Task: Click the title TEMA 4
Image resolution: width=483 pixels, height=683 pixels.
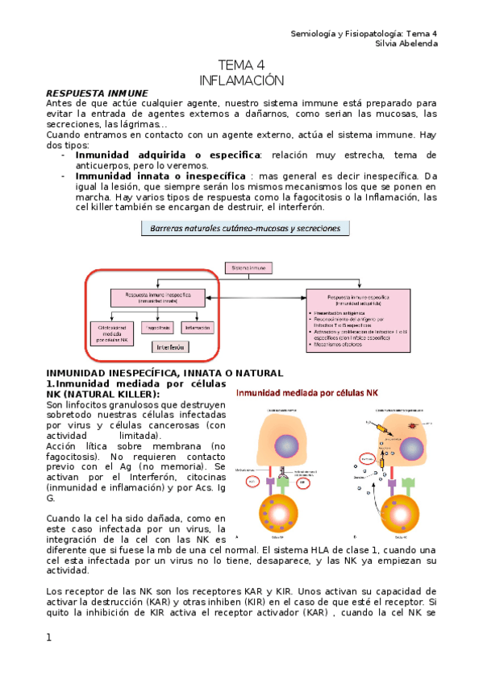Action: point(242,65)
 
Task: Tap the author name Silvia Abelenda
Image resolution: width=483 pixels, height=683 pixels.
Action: point(406,43)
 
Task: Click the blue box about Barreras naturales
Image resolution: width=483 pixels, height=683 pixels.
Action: point(245,229)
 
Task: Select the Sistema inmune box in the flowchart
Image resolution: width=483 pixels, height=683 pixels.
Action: point(249,267)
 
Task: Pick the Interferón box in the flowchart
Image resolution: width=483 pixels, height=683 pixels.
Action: point(169,347)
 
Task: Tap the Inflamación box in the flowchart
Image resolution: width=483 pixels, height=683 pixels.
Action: point(197,329)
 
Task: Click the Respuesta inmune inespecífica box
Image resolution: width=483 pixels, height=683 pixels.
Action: point(152,297)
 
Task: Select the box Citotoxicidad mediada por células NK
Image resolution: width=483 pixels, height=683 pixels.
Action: point(114,333)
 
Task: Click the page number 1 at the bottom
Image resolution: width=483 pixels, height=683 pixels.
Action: point(49,638)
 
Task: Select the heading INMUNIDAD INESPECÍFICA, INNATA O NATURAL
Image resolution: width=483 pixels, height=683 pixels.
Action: point(164,373)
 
